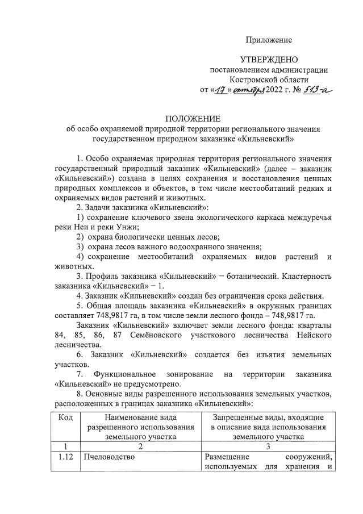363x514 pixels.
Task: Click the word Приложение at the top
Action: [x=269, y=40]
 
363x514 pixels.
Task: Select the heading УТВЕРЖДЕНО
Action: [x=269, y=60]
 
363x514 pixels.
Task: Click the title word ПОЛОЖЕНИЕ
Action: [x=193, y=119]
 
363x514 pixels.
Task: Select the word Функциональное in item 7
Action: [x=127, y=374]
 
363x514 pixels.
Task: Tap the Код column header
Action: [x=66, y=417]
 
